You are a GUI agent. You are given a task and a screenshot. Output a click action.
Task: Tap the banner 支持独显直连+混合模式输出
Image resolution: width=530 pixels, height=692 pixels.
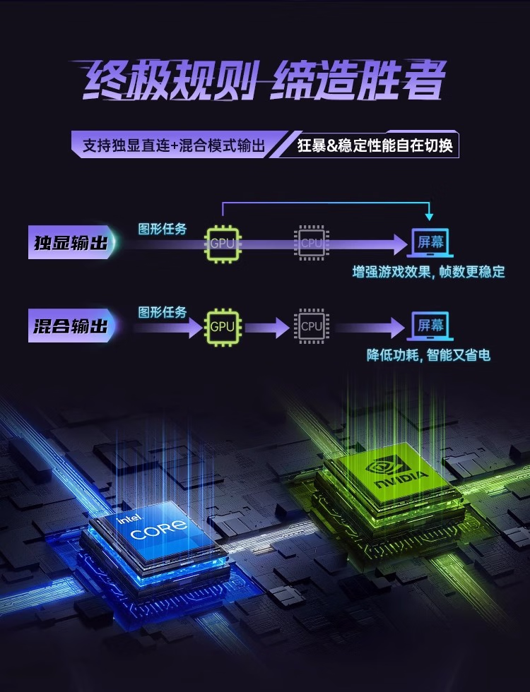[x=174, y=145]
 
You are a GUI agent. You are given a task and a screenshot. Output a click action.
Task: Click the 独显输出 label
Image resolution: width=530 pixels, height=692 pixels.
[x=70, y=242]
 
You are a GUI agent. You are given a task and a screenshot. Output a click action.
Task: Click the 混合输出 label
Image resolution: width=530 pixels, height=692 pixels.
[x=70, y=326]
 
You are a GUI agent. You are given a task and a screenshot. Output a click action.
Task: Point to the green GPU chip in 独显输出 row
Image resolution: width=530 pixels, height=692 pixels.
[x=221, y=243]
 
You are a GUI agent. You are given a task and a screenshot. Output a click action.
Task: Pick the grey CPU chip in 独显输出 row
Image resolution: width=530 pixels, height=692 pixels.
[x=311, y=243]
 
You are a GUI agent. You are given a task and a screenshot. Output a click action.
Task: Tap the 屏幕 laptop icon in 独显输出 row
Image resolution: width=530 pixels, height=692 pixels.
[x=430, y=242]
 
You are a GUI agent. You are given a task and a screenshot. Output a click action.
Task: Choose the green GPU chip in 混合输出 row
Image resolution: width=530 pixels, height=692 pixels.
[x=221, y=326]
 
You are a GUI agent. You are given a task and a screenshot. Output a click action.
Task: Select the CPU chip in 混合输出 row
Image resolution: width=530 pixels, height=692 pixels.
[x=311, y=326]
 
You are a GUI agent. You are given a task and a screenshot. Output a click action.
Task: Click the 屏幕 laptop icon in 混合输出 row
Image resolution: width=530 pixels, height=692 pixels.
[x=430, y=326]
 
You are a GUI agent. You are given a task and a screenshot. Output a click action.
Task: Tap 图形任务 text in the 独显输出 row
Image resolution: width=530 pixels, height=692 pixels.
[x=163, y=229]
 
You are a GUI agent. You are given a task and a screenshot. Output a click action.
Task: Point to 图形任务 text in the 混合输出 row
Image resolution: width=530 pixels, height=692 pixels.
[x=163, y=311]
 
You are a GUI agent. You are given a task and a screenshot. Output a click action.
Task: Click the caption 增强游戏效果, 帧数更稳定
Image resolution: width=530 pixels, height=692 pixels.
[x=429, y=272]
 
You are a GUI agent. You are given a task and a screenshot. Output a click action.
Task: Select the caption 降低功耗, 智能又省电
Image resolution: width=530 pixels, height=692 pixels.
[x=428, y=354]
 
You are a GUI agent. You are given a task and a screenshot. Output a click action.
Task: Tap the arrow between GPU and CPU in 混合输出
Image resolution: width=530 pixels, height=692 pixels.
[x=267, y=326]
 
